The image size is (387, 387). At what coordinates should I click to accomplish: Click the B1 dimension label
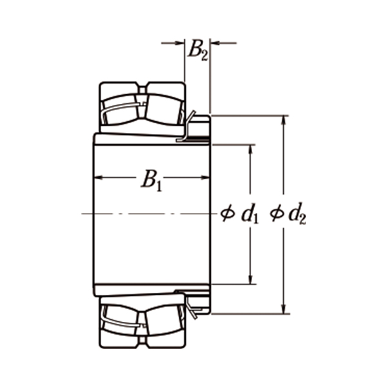point(151,180)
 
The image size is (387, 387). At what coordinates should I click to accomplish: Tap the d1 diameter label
point(250,214)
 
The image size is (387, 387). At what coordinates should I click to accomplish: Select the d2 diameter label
point(297,214)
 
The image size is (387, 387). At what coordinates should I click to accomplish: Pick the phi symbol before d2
point(276,213)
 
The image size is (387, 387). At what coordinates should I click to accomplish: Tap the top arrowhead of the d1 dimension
point(250,149)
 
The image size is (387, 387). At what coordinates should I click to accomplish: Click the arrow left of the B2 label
point(180,43)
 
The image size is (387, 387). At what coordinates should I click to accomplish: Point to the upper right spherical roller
point(164,106)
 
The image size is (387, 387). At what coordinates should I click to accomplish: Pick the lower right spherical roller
point(164,321)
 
